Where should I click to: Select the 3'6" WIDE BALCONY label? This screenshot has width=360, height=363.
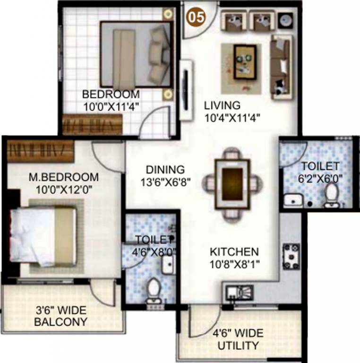62,317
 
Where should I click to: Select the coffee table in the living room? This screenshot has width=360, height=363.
245,61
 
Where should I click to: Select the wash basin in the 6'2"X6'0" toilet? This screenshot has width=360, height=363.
292,199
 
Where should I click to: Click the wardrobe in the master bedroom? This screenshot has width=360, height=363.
40,151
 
